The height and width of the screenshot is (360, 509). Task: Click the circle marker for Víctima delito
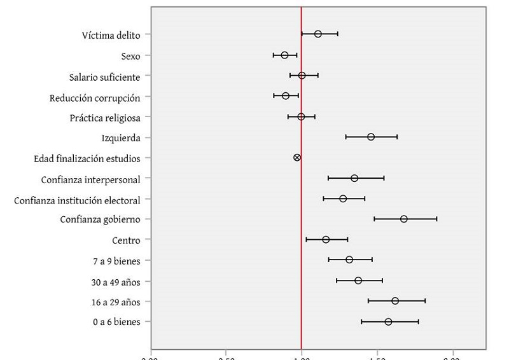[318, 34]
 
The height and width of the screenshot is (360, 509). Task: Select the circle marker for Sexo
[284, 55]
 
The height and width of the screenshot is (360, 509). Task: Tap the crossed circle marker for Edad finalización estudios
[297, 157]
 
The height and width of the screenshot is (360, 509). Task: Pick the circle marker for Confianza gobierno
[404, 219]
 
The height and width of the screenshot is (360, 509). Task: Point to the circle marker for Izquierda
[371, 137]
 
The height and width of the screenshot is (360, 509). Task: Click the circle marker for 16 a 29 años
[395, 301]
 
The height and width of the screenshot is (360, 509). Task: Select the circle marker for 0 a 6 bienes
[388, 322]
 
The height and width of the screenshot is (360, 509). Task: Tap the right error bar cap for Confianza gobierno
[436, 219]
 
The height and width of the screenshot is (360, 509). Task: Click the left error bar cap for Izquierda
[346, 137]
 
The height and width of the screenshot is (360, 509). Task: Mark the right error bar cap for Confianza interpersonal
[384, 178]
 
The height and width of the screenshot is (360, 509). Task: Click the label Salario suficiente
[104, 77]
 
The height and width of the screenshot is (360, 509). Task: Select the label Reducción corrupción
[95, 98]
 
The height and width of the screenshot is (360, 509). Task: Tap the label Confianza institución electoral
[77, 200]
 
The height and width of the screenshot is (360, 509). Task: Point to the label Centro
[126, 240]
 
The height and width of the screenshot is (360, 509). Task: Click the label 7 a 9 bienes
[116, 261]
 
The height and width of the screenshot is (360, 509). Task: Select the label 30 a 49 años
[116, 282]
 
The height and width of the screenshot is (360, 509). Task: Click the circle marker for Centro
[326, 240]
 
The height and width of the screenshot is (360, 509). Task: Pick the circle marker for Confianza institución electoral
[343, 198]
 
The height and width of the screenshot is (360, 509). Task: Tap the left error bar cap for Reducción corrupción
[274, 95]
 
